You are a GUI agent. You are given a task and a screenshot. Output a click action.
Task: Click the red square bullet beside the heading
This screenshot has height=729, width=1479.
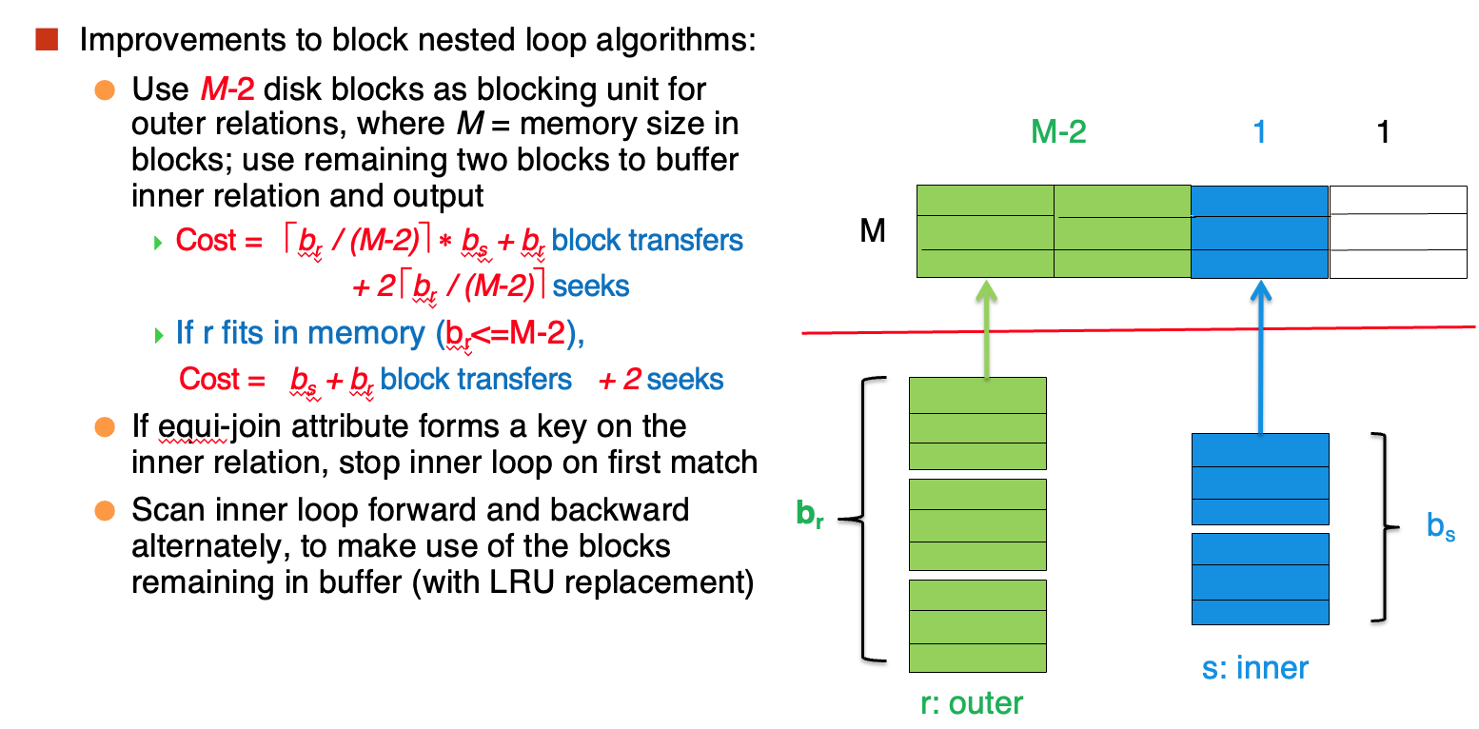[47, 40]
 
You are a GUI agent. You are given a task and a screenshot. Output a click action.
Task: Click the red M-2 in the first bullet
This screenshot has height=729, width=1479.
[227, 89]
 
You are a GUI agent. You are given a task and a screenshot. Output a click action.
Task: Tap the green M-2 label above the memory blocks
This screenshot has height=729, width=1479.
[1058, 131]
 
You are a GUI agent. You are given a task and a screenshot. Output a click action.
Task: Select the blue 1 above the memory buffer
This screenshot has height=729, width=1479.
[1259, 131]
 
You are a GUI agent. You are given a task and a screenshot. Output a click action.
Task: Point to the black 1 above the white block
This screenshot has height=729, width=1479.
[1383, 131]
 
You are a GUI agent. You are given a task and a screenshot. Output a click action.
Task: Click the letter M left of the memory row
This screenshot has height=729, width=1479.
[872, 231]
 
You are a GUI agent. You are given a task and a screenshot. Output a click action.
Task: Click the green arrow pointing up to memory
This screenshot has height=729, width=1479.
[986, 329]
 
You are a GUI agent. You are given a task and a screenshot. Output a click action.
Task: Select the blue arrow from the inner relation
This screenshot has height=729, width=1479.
[1260, 357]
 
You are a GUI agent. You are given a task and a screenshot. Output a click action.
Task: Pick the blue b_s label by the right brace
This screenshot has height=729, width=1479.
[1441, 526]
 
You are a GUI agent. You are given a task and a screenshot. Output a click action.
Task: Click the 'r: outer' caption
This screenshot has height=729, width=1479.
[972, 703]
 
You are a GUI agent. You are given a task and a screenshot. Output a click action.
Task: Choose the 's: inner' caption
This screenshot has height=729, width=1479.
[1254, 667]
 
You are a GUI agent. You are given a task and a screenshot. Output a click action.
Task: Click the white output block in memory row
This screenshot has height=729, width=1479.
[1398, 232]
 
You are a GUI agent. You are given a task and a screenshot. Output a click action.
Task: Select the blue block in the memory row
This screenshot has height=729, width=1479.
[1260, 232]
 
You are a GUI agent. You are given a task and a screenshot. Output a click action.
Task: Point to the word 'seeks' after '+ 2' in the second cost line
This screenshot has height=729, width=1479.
[684, 380]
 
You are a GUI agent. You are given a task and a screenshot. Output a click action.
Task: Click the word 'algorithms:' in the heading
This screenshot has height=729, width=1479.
[676, 41]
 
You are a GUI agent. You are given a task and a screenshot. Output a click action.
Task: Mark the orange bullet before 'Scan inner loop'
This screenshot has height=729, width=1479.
[105, 510]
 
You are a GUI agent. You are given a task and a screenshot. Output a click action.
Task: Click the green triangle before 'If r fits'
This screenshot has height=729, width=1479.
[158, 335]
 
